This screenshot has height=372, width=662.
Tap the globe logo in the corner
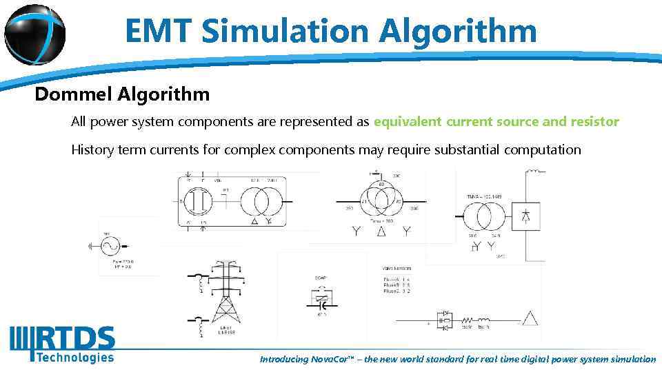[x=34, y=32]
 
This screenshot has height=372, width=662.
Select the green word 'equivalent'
[x=407, y=122]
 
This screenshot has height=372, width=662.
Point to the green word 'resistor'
[x=594, y=122]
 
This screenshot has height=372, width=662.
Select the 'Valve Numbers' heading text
[x=397, y=267]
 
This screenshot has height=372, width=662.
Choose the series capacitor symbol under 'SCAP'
[x=320, y=302]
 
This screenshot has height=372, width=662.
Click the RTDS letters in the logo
[x=75, y=339]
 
